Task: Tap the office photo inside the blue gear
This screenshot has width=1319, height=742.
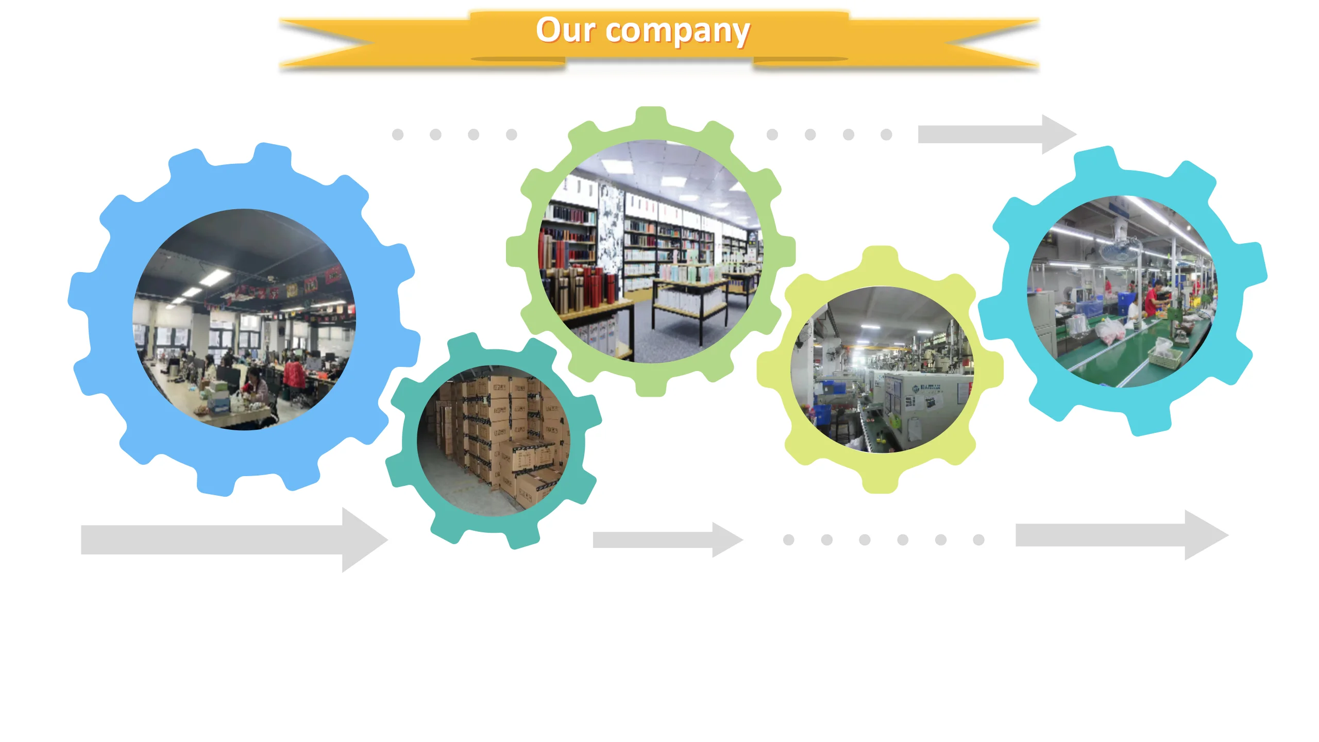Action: coord(244,319)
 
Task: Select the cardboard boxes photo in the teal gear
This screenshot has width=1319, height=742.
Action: coord(494,441)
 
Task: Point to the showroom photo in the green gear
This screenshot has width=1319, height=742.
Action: coord(651,251)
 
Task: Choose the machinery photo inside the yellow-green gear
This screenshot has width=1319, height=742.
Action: coord(881,370)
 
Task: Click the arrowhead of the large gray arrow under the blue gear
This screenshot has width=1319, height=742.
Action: coord(364,539)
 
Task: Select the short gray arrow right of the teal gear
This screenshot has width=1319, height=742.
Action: coord(668,539)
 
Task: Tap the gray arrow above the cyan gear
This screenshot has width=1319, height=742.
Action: coord(996,134)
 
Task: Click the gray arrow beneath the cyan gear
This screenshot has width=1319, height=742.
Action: coord(1121,535)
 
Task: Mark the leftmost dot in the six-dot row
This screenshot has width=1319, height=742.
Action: coord(788,539)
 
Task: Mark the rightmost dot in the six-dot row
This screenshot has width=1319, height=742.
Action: coord(978,539)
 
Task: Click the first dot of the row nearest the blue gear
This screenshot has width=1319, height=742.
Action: coord(397,134)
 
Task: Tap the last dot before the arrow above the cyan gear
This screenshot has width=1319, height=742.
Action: coord(886,134)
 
